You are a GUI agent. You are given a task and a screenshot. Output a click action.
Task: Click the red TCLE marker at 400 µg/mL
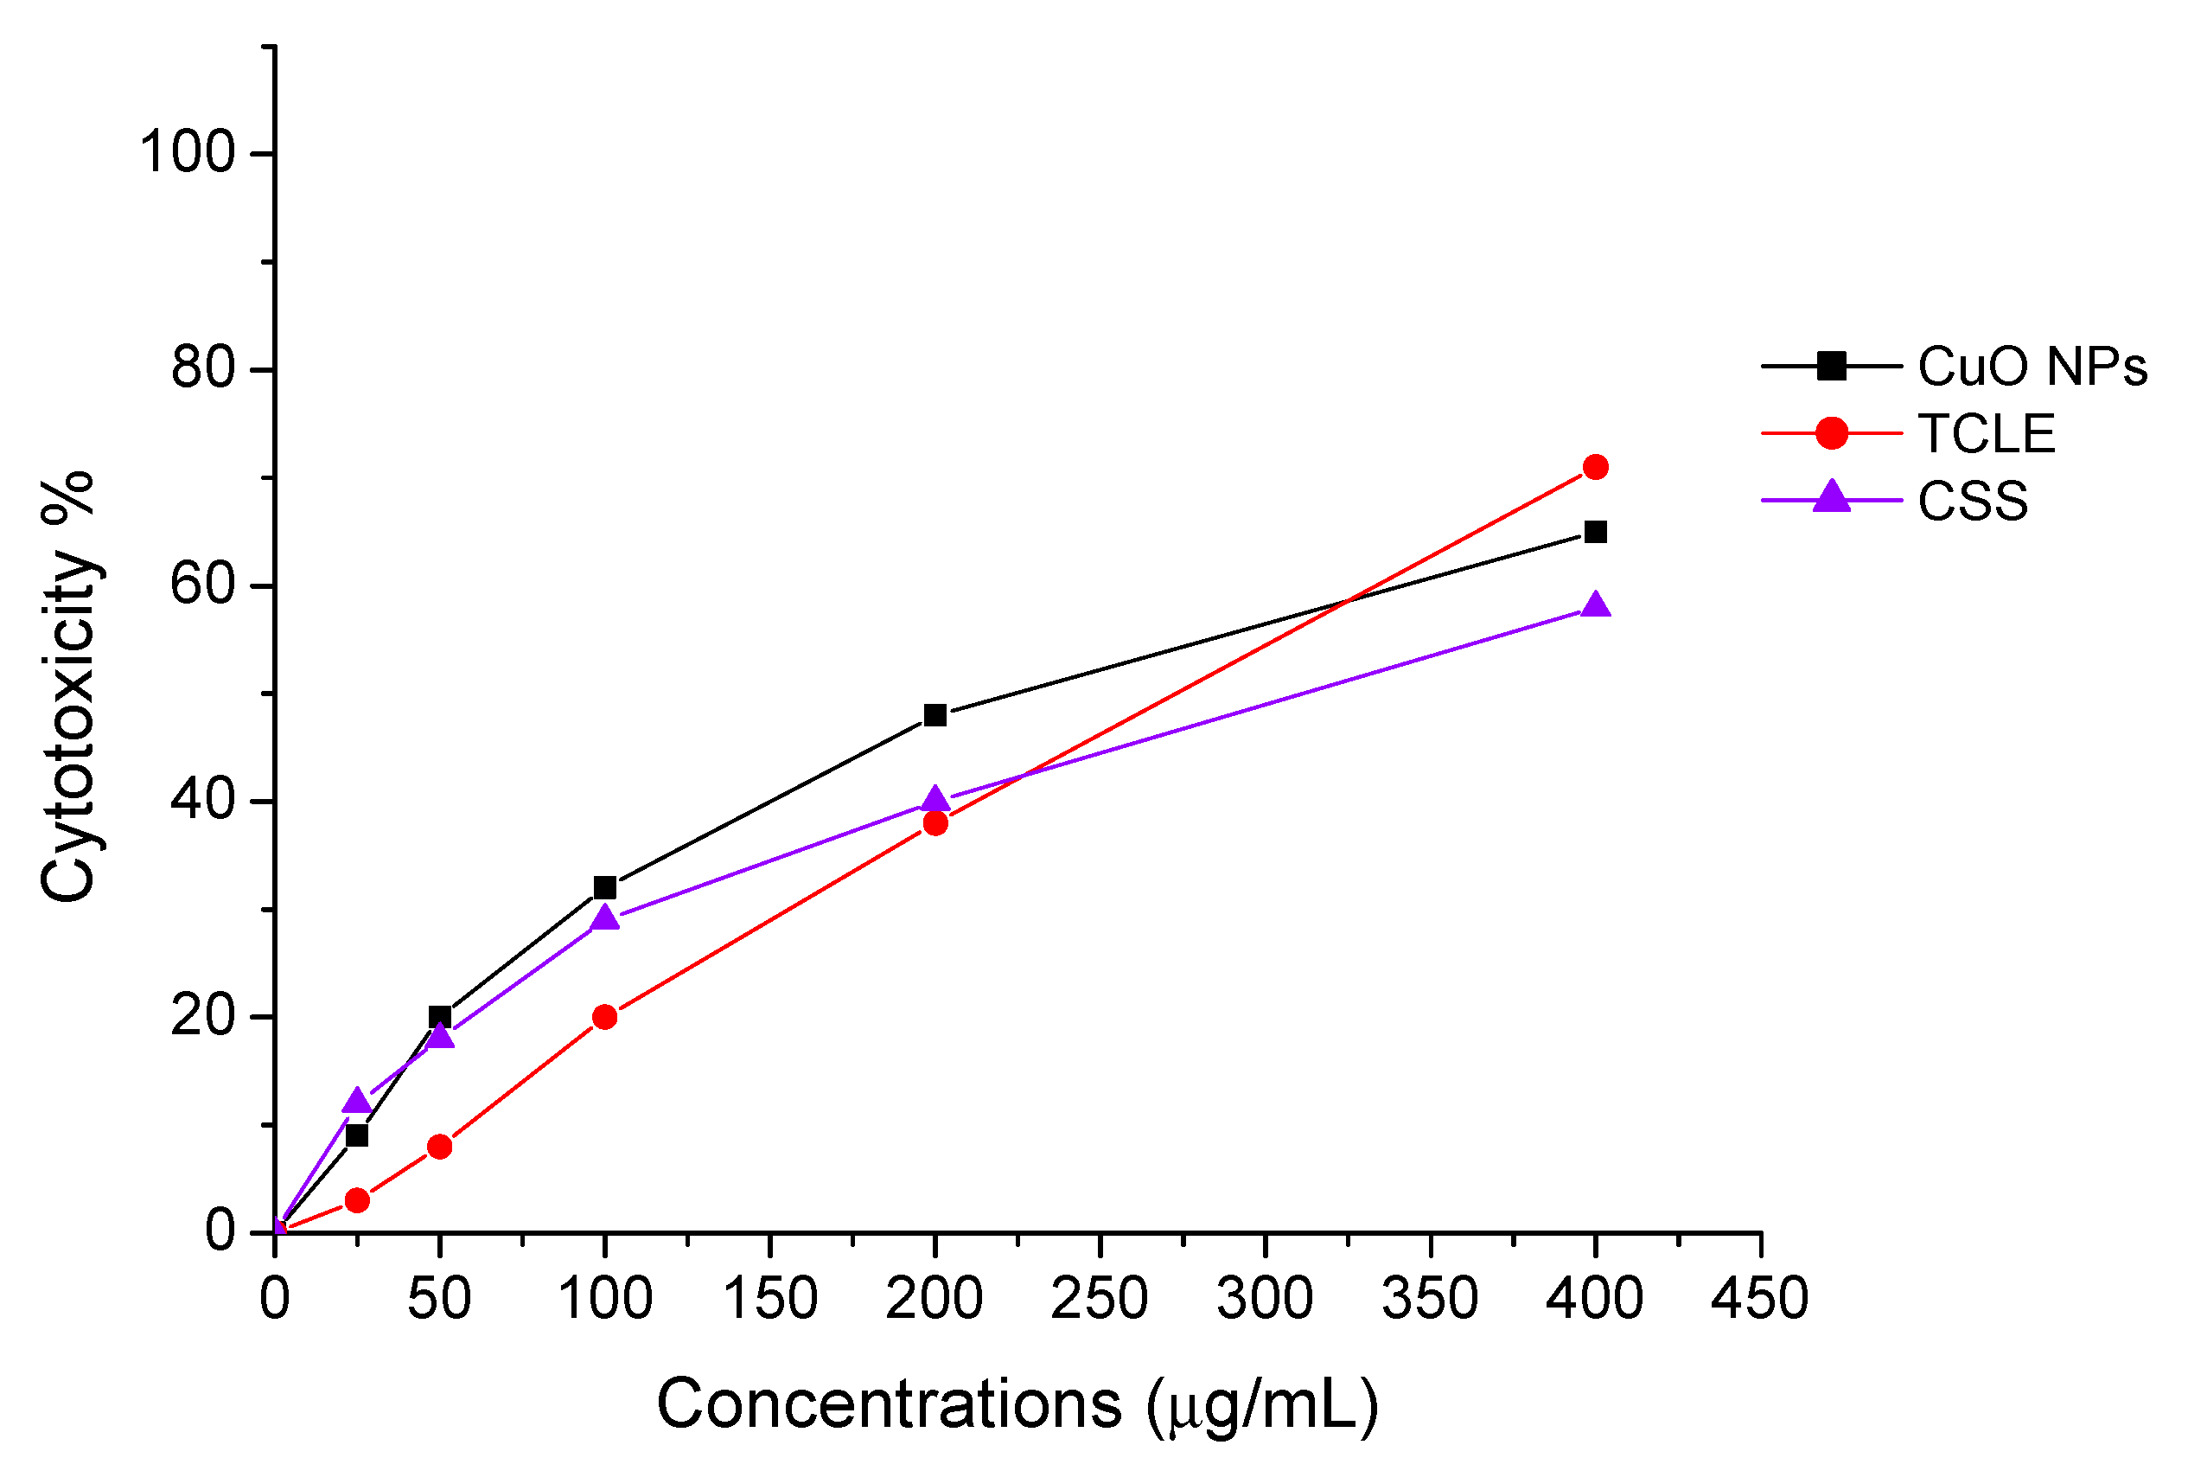[1595, 466]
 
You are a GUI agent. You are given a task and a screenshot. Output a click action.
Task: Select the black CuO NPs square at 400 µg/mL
[1595, 532]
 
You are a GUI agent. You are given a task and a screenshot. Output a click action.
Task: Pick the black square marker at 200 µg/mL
[935, 715]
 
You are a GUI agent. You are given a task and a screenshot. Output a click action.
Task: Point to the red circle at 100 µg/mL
[604, 1016]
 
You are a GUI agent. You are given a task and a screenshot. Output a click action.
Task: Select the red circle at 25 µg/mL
[357, 1200]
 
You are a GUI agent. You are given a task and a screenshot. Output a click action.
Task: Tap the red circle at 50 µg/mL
[440, 1147]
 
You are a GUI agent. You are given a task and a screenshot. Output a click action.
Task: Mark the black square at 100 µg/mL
[604, 887]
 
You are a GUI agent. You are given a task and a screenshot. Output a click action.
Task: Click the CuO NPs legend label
[2032, 367]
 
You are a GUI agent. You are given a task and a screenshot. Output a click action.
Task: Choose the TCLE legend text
[1987, 433]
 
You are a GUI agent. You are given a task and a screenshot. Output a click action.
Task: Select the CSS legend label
[1973, 502]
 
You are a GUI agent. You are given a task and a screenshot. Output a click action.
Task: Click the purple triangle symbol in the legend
[1831, 497]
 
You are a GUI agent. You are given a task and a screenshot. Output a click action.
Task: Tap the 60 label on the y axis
[201, 584]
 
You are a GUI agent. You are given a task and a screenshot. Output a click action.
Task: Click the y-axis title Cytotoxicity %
[67, 687]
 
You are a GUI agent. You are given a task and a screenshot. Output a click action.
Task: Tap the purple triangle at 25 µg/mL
[357, 1101]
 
